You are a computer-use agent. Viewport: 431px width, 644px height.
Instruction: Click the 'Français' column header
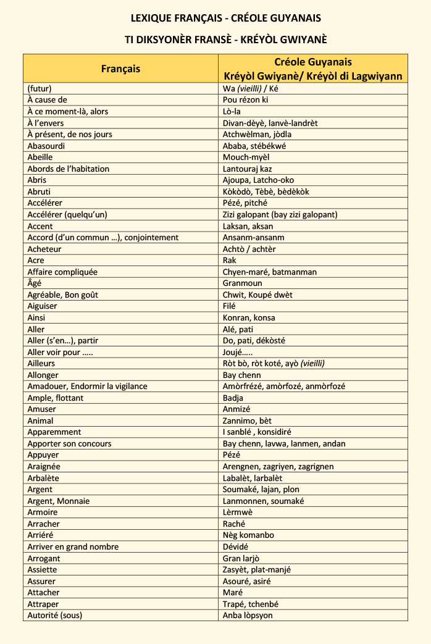[x=120, y=69]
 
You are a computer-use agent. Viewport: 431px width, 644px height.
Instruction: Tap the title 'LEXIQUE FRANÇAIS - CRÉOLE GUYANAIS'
[x=225, y=18]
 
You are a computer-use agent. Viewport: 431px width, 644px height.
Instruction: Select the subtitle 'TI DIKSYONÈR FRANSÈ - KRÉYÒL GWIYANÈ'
[x=225, y=40]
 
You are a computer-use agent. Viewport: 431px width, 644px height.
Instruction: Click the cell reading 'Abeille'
[x=44, y=157]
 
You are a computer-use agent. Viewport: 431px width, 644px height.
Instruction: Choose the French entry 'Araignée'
[x=44, y=467]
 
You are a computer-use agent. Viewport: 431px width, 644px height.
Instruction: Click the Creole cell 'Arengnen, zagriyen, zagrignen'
[x=278, y=467]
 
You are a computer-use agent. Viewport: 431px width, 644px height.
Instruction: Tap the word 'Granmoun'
[x=243, y=283]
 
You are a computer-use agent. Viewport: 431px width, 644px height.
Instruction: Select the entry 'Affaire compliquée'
[x=62, y=272]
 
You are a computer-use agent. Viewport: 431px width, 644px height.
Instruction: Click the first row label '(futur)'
[x=40, y=88]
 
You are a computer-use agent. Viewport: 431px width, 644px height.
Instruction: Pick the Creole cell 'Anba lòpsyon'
[x=248, y=615]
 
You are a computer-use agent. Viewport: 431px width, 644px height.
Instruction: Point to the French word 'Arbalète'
[x=43, y=478]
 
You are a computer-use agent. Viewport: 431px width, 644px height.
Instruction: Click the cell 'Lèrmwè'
[x=238, y=512]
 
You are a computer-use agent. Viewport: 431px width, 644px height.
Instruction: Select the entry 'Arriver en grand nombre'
[x=73, y=546]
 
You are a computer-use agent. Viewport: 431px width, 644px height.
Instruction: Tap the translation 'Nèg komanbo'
[x=248, y=535]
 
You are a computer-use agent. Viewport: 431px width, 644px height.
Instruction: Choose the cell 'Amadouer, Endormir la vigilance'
[x=87, y=387]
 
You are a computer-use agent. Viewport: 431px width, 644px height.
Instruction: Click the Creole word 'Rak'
[x=230, y=261]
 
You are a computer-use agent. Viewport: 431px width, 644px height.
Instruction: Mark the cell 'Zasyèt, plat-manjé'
[x=257, y=569]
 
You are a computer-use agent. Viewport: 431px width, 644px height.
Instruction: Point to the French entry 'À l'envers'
[x=46, y=123]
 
